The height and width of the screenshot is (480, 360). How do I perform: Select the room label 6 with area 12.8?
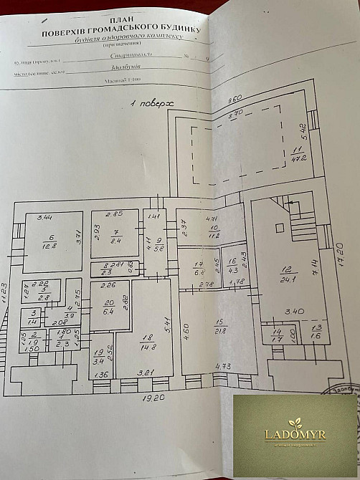tap(48, 241)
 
